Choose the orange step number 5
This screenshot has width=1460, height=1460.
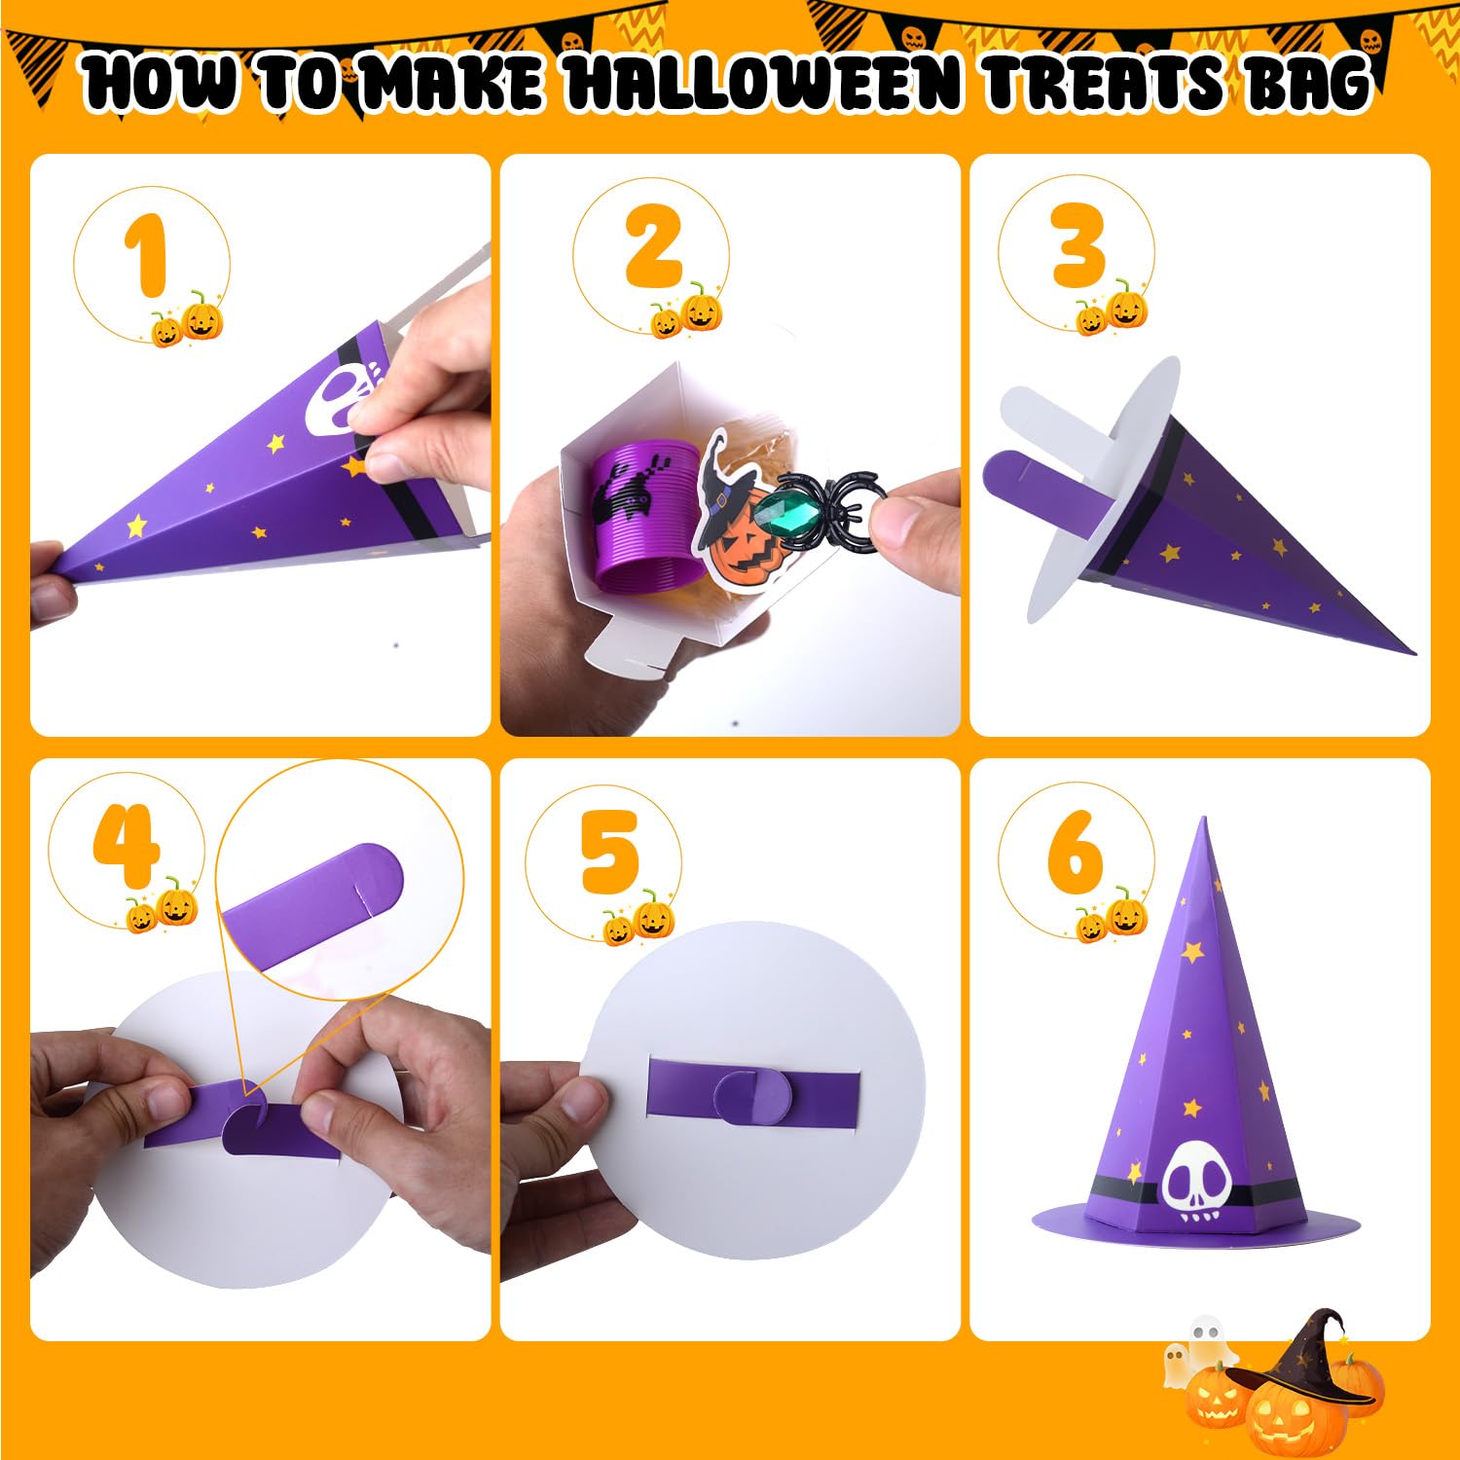pos(610,852)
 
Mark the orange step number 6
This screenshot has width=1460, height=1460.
pos(1076,852)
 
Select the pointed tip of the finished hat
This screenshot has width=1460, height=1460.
pos(1203,820)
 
